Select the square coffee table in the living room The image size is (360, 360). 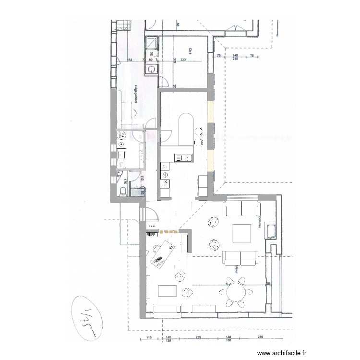tap(242, 233)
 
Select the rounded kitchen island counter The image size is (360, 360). tap(184, 130)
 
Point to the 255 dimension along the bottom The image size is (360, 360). tap(198, 338)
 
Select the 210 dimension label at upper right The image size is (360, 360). tap(235, 60)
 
